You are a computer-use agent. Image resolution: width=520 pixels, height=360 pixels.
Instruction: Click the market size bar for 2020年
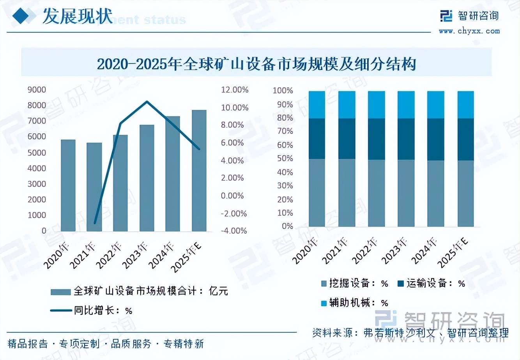tap(68, 185)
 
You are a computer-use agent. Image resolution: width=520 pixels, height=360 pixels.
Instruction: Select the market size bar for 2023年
tap(147, 178)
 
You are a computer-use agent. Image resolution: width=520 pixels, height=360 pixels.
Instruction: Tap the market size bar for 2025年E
tap(199, 171)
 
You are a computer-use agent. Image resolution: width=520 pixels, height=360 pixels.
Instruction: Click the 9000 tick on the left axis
tap(37, 90)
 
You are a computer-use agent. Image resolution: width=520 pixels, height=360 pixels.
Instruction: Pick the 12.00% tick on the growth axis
tap(235, 90)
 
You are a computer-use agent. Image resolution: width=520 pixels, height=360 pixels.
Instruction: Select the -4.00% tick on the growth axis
tap(234, 231)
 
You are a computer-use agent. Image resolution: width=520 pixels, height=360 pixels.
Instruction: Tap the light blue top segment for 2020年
tap(317, 105)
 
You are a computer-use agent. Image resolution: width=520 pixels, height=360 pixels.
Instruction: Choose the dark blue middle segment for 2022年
tap(376, 139)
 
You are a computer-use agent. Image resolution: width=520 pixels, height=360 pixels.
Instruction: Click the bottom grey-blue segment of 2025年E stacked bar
tap(465, 193)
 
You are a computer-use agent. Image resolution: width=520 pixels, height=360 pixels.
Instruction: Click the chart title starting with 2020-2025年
tap(256, 64)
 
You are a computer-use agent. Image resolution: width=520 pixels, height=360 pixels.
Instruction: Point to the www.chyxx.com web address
tap(469, 31)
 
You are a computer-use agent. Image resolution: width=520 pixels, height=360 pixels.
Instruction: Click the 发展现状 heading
tap(77, 16)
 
